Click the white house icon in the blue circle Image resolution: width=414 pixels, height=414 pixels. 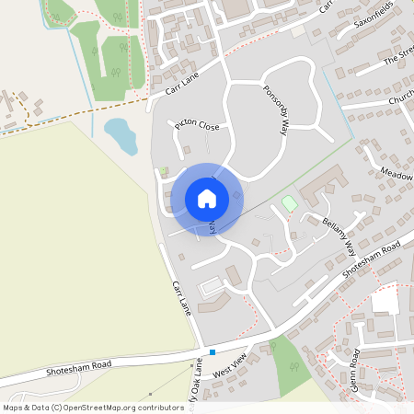pyautogui.click(x=207, y=199)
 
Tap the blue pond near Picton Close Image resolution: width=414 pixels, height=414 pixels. pyautogui.click(x=121, y=134)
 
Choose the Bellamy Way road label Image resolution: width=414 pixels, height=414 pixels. pyautogui.click(x=339, y=235)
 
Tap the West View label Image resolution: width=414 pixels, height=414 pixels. pyautogui.click(x=230, y=369)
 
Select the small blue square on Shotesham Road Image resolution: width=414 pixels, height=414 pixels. pyautogui.click(x=212, y=351)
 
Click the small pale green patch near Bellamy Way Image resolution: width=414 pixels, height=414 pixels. pyautogui.click(x=289, y=202)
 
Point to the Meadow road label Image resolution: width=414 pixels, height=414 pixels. pyautogui.click(x=396, y=173)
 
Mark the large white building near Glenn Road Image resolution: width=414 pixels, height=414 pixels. pyautogui.click(x=385, y=301)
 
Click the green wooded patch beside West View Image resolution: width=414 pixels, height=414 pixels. pyautogui.click(x=292, y=366)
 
